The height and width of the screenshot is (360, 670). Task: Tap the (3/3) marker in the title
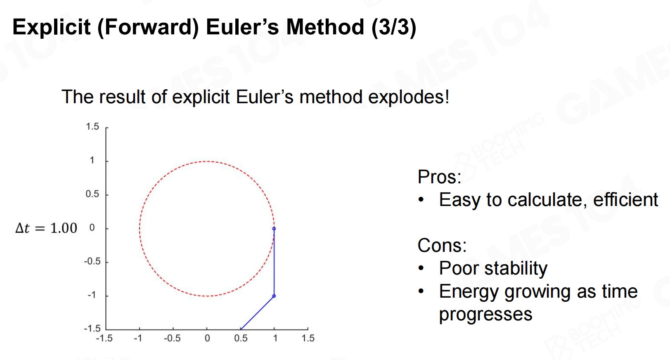pyautogui.click(x=394, y=28)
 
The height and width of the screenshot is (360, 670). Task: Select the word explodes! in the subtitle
pyautogui.click(x=409, y=97)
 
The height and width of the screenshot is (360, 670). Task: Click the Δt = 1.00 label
pyautogui.click(x=46, y=228)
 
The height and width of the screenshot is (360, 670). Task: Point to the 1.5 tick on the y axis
pyautogui.click(x=92, y=127)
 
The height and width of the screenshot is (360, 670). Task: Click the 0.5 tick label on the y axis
pyautogui.click(x=92, y=194)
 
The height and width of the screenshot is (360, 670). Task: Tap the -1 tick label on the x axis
pyautogui.click(x=138, y=339)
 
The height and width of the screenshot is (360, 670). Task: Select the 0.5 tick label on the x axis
pyautogui.click(x=241, y=339)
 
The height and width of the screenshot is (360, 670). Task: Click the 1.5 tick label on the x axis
pyautogui.click(x=308, y=339)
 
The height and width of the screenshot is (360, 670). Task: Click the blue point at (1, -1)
pyautogui.click(x=274, y=296)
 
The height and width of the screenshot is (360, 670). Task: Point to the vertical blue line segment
pyautogui.click(x=274, y=262)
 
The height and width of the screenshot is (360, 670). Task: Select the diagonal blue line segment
pyautogui.click(x=258, y=313)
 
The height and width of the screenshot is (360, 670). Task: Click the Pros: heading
pyautogui.click(x=439, y=177)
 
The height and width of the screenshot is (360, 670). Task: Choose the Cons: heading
pyautogui.click(x=442, y=245)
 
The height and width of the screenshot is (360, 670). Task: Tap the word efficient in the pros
pyautogui.click(x=625, y=199)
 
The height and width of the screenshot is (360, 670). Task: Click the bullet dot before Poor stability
pyautogui.click(x=421, y=268)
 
